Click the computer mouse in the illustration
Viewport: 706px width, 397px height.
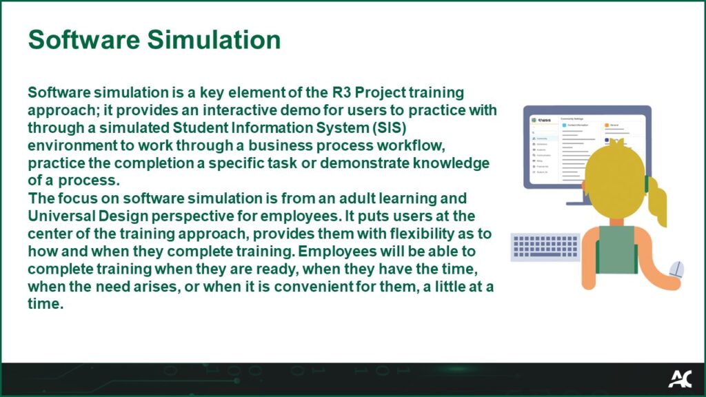pyautogui.click(x=677, y=269)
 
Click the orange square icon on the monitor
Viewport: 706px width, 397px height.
pyautogui.click(x=607, y=125)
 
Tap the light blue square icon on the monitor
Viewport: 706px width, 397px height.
pyautogui.click(x=565, y=125)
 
